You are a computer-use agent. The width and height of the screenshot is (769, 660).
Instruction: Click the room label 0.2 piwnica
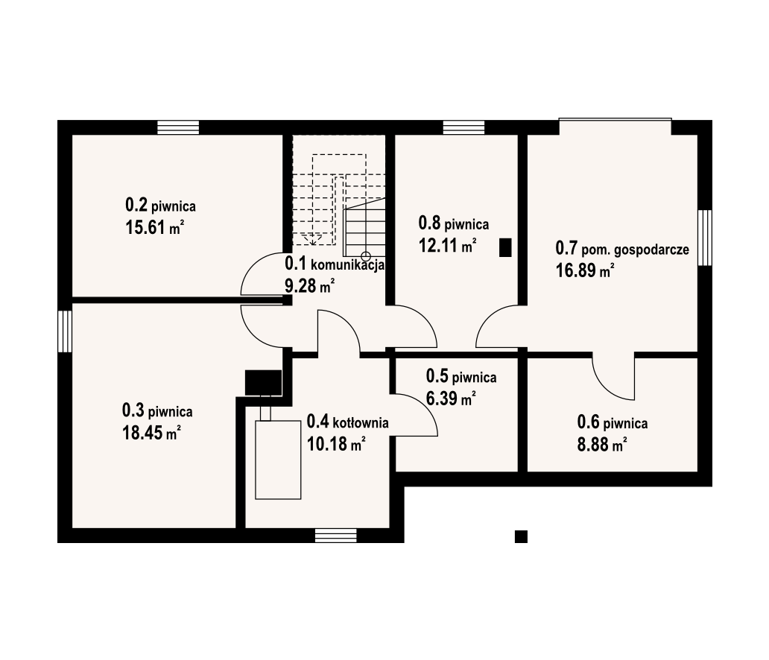(x=160, y=205)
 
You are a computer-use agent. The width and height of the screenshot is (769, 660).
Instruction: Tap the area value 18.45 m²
(x=151, y=433)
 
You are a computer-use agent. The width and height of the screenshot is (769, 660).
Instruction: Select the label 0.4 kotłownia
(x=348, y=422)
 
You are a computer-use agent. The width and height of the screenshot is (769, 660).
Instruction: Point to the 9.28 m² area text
(x=310, y=285)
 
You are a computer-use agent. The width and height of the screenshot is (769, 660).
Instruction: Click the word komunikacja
(x=348, y=266)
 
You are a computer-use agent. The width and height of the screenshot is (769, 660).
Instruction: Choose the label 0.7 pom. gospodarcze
(x=622, y=249)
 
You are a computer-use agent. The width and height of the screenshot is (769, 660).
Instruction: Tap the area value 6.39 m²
(x=451, y=399)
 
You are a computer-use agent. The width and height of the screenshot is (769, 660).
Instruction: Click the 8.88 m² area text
(x=602, y=444)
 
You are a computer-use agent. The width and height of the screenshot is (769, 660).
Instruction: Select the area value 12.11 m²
(x=447, y=244)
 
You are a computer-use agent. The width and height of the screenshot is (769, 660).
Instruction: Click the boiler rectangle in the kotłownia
(x=278, y=460)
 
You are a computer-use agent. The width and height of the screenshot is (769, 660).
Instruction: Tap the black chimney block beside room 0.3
(x=263, y=382)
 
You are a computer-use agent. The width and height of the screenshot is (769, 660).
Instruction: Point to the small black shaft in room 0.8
(x=505, y=247)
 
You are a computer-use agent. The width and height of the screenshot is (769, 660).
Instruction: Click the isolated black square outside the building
(x=521, y=536)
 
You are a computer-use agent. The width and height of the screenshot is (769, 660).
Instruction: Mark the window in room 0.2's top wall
(x=178, y=127)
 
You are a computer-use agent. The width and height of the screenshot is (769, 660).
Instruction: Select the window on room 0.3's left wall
(x=65, y=331)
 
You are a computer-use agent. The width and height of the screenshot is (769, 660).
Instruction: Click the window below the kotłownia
(x=336, y=536)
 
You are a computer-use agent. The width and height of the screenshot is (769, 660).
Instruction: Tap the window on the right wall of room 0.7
(x=705, y=238)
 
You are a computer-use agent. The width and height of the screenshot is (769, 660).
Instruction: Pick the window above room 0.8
(x=464, y=127)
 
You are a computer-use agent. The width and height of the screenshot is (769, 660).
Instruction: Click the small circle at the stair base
(x=366, y=256)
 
